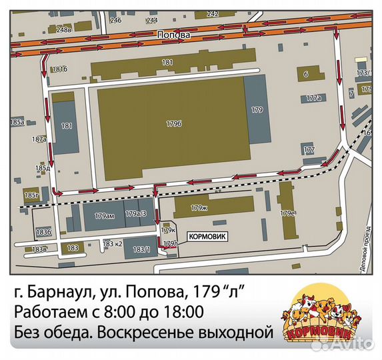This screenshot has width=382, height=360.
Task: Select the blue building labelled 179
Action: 257,109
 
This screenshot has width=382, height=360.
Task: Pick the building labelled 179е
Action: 287,213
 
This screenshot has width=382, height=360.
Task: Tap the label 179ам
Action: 105,215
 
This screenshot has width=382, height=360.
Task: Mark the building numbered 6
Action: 305,74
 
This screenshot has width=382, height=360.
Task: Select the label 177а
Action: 313,98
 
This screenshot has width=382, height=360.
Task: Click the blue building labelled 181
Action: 66,125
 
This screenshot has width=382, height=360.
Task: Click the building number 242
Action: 213,14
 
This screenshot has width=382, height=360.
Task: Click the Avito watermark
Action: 349,344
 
